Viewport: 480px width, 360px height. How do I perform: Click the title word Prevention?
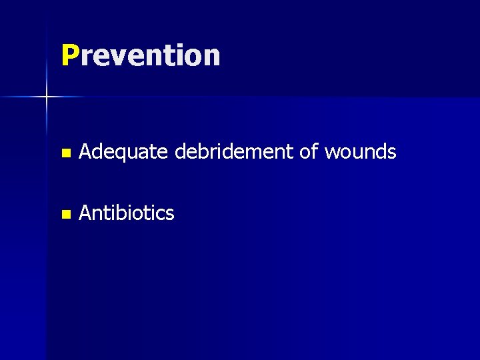pos(141,55)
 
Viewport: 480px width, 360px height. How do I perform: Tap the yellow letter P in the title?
pos(69,55)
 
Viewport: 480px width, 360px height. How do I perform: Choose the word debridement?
pos(235,153)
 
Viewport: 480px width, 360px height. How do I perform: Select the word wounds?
pos(360,153)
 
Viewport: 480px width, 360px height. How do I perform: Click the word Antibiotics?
pos(127,213)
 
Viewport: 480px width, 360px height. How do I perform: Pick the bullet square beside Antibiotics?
pos(65,215)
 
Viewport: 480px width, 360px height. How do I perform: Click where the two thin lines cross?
pos(47,97)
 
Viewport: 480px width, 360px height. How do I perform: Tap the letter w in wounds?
pos(332,154)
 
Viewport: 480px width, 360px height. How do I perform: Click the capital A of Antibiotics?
pos(85,213)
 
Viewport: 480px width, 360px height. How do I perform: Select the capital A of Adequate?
pos(85,153)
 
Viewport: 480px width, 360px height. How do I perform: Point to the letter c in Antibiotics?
pos(161,215)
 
